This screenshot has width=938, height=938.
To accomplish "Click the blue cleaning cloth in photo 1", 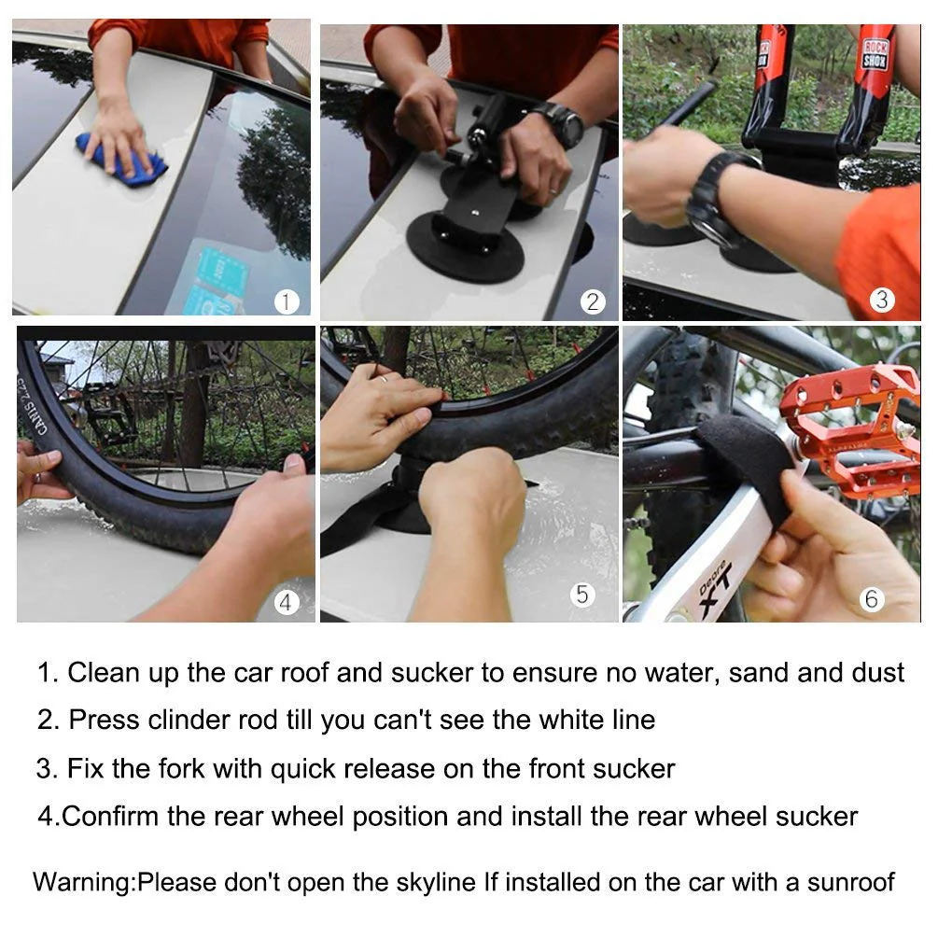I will tap(121, 161).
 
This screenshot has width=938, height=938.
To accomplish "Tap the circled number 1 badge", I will tap(287, 301).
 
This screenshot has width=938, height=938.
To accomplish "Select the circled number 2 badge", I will tap(593, 301).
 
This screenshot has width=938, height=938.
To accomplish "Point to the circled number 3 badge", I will tap(882, 300).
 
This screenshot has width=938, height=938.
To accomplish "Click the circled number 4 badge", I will tap(286, 602).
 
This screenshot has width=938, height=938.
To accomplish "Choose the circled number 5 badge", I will tap(583, 594).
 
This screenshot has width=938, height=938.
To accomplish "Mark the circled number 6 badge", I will tap(872, 598).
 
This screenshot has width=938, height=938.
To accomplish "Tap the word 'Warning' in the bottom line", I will tap(84, 881).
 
